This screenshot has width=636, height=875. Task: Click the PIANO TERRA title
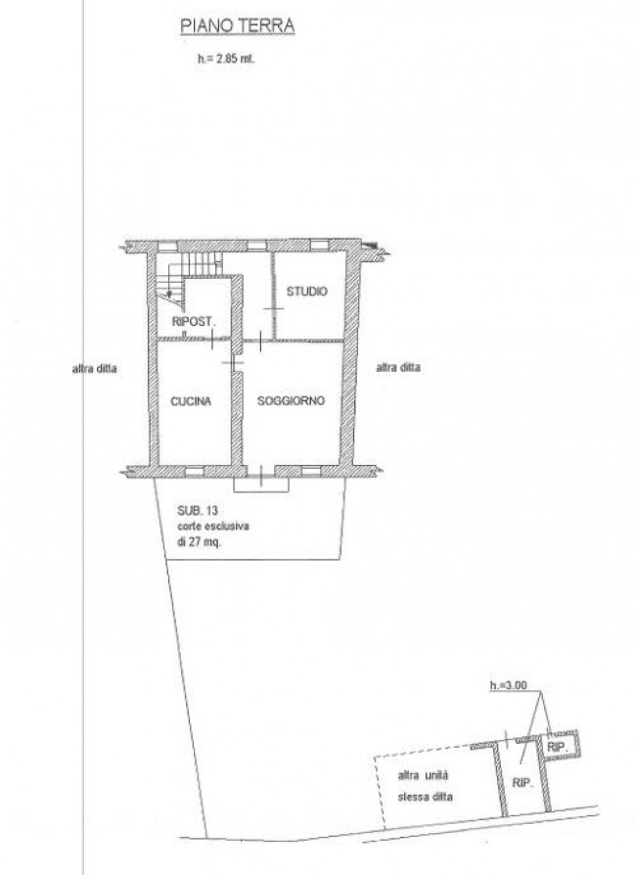pyautogui.click(x=237, y=26)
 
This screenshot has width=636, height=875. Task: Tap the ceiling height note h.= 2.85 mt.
pyautogui.click(x=226, y=59)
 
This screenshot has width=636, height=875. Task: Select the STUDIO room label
pyautogui.click(x=307, y=292)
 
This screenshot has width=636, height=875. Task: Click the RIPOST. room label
pyautogui.click(x=193, y=321)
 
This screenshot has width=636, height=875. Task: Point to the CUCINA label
pyautogui.click(x=191, y=401)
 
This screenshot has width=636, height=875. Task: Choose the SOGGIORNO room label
pyautogui.click(x=291, y=400)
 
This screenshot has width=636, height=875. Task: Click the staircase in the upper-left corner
pyautogui.click(x=188, y=279)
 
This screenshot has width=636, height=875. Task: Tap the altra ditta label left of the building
pyautogui.click(x=94, y=368)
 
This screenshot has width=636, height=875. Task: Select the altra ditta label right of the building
pyautogui.click(x=398, y=367)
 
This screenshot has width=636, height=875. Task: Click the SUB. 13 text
pyautogui.click(x=198, y=511)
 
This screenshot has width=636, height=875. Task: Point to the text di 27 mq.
pyautogui.click(x=200, y=541)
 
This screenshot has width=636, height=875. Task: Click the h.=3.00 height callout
pyautogui.click(x=508, y=685)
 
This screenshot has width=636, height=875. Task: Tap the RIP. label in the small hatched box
pyautogui.click(x=558, y=747)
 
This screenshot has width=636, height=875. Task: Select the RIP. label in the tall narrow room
pyautogui.click(x=522, y=782)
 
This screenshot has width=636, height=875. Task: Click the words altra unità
pyautogui.click(x=423, y=775)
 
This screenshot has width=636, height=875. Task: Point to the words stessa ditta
pyautogui.click(x=425, y=797)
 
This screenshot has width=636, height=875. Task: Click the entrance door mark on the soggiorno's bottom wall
pyautogui.click(x=260, y=472)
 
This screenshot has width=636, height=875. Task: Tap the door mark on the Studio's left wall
pyautogui.click(x=273, y=308)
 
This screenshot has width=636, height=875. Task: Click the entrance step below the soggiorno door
pyautogui.click(x=261, y=484)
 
